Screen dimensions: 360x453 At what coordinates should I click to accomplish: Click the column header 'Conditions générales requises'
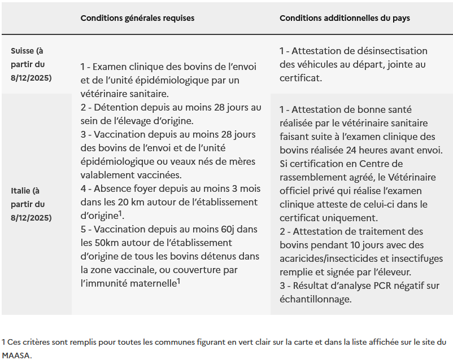[137, 18]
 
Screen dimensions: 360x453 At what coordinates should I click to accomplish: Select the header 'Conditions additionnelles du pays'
[345, 18]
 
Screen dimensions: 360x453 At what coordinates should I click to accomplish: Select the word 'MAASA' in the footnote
[17, 355]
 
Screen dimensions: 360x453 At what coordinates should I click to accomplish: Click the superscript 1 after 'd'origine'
[121, 213]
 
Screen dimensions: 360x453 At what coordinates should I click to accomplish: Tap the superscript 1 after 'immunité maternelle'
[178, 281]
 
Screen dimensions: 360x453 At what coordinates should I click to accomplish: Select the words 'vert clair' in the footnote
[259, 342]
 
